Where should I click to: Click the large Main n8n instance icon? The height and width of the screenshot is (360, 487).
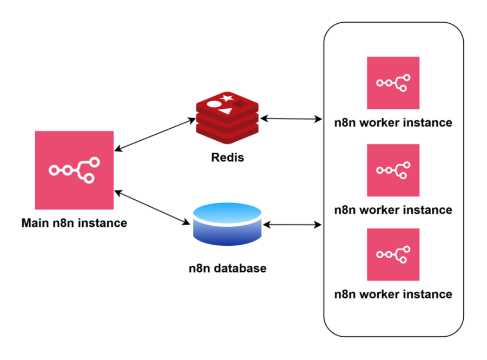[74, 169]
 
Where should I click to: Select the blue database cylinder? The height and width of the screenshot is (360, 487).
[227, 223]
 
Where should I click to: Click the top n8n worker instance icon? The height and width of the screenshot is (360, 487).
[393, 83]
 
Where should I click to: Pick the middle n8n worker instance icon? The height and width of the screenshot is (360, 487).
[393, 170]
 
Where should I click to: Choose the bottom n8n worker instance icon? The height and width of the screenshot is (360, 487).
[393, 254]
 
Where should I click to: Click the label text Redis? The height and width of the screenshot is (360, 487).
[227, 158]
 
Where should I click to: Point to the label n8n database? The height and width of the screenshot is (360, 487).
[227, 268]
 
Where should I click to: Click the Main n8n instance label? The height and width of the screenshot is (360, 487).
[74, 222]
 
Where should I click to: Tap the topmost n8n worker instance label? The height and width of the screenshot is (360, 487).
[393, 122]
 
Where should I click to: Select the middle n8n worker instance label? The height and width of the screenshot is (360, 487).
[393, 210]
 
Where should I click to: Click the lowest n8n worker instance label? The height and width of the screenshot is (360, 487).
[393, 294]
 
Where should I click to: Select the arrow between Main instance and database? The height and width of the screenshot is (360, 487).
[153, 207]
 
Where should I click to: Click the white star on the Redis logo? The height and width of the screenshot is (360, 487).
[227, 98]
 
